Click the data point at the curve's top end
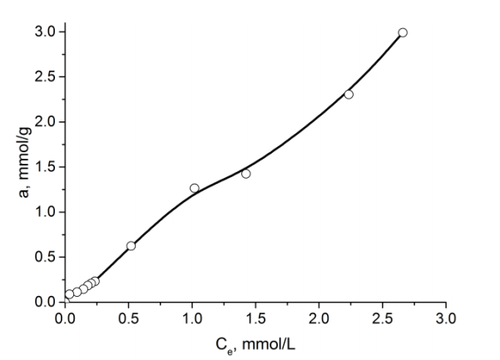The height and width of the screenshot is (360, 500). click(403, 32)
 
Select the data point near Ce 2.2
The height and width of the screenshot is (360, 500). click(349, 94)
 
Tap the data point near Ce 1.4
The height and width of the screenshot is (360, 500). click(245, 173)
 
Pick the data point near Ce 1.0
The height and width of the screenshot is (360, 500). click(195, 188)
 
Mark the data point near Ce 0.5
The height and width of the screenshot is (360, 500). click(131, 245)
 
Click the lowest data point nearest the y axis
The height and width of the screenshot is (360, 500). click(69, 294)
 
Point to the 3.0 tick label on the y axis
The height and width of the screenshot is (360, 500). click(47, 32)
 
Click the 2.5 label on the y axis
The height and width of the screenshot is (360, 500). click(47, 77)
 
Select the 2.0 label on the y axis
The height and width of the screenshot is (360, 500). click(47, 122)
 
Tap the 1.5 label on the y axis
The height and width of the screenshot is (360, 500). click(47, 167)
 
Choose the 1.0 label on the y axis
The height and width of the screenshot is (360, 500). click(47, 212)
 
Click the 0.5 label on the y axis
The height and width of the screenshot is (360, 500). click(47, 257)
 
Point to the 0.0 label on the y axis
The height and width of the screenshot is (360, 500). click(47, 302)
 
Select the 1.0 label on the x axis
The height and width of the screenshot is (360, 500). click(192, 317)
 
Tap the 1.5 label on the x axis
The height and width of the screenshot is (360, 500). click(255, 317)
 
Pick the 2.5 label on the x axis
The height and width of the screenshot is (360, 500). click(383, 317)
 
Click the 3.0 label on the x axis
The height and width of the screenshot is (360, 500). click(446, 317)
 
